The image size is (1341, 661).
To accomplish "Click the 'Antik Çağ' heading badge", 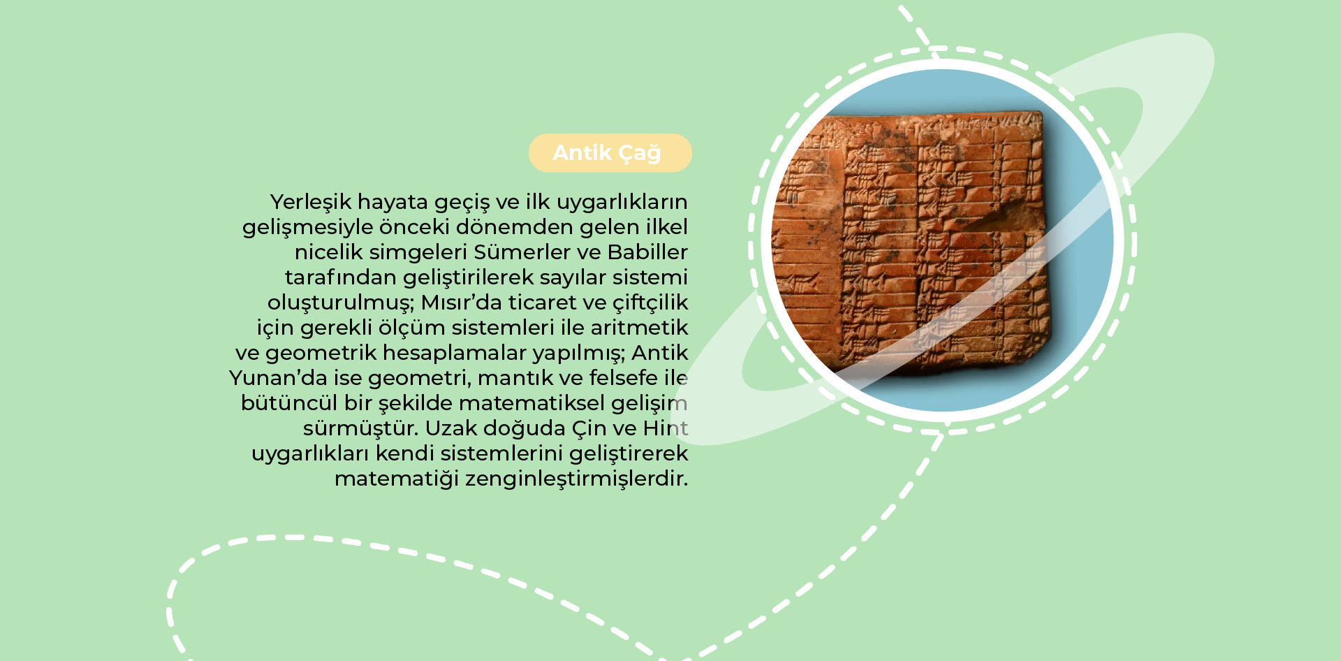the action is (610, 153).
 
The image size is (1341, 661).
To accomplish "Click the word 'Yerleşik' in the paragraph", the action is (311, 203).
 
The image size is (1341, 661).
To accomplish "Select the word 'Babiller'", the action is (647, 252).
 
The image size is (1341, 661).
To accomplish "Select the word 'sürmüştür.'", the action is (360, 428).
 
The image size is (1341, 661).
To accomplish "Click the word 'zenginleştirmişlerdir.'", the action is (576, 479).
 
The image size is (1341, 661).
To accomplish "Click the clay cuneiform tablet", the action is (911, 241).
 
